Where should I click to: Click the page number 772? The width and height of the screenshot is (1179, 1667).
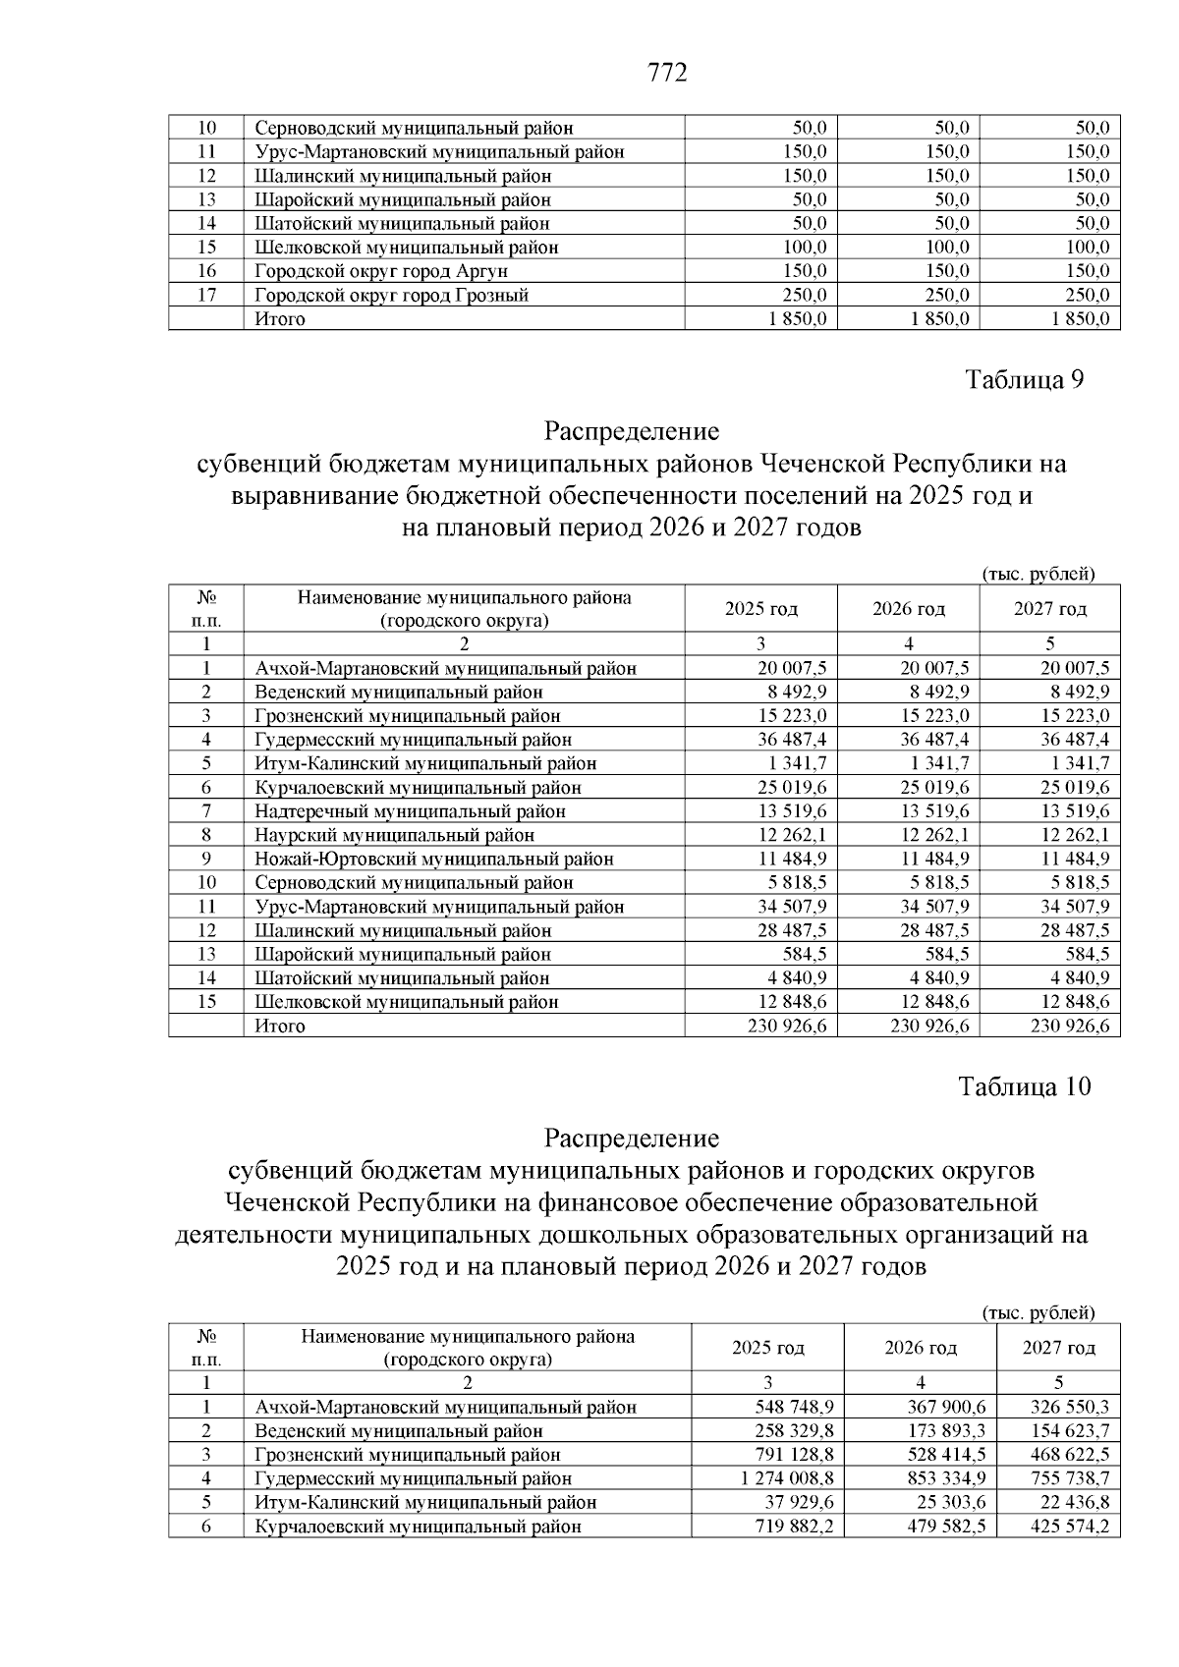coord(668,73)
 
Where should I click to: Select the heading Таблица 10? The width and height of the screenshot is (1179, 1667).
coord(1024,1087)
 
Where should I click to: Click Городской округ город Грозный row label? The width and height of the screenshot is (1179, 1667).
coord(391,295)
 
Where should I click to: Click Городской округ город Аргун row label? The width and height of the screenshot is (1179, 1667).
coord(381,271)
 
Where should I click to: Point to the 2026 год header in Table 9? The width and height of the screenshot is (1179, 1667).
coord(908,609)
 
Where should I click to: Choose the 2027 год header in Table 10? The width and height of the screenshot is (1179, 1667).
coord(1058,1348)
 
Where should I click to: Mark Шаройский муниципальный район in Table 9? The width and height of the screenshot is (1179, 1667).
coord(403,954)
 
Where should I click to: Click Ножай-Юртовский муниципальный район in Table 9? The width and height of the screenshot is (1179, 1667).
coord(434,859)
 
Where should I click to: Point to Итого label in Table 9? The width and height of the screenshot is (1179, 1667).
coord(280,1026)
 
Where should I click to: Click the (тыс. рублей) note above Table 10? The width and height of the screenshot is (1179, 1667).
coord(1039,1312)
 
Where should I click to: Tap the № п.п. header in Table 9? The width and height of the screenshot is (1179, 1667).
coord(206,609)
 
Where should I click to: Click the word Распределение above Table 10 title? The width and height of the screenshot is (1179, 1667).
coord(631,1139)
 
